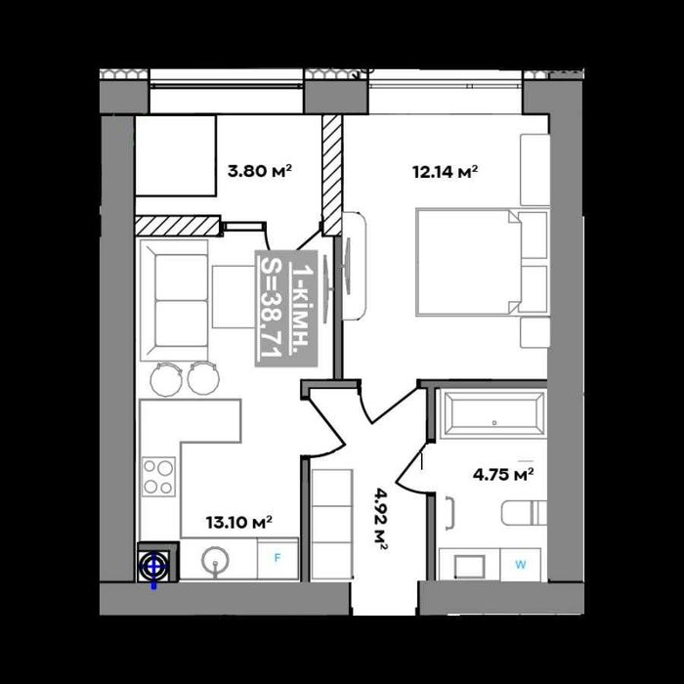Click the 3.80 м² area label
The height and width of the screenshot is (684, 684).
260,171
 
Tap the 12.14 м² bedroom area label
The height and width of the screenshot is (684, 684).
445,171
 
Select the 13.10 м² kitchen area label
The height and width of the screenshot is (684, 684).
239,522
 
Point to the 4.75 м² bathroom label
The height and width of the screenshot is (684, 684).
503,474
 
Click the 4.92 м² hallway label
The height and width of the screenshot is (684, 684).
380,520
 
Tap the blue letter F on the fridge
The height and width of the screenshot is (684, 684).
277,558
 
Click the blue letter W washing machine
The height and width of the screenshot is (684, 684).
521,565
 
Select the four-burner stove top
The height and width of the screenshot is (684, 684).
158,477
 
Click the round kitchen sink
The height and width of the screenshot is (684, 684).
215,560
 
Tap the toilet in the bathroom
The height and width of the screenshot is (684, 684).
524,513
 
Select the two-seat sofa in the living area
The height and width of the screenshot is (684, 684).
175,300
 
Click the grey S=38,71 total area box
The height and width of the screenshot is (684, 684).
286,308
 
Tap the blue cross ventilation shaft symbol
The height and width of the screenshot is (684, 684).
153,568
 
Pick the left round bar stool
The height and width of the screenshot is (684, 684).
166,379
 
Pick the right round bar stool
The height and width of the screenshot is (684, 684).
203,378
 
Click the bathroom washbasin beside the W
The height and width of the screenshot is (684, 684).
469,566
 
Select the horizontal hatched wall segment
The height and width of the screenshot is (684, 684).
177,226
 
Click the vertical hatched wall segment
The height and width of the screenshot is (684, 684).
332,174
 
